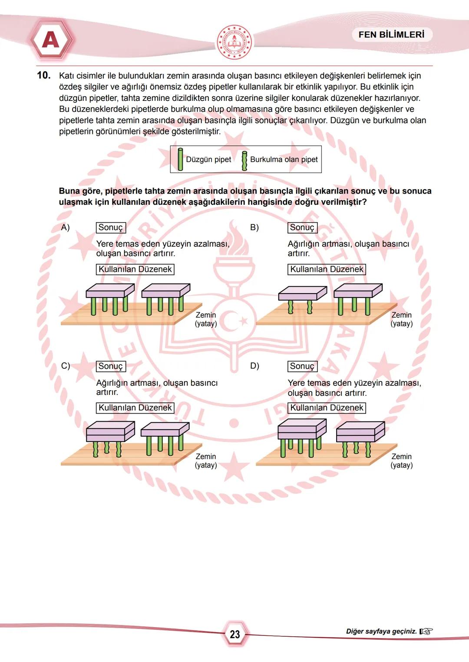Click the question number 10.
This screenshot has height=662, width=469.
coord(43,75)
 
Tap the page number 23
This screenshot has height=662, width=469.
coord(234,634)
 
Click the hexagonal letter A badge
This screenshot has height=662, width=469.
coord(51,40)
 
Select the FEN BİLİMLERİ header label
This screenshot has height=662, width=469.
coord(391,35)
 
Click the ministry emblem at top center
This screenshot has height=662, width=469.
coord(234,42)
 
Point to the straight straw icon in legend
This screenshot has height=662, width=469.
coord(180,159)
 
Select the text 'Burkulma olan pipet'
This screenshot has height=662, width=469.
coord(284,159)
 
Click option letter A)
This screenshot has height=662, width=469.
coord(65,227)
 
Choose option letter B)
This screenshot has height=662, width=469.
coord(254,227)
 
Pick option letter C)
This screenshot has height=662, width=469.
coord(65,366)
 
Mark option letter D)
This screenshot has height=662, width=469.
coord(254,366)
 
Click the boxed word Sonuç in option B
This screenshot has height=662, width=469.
coord(302,227)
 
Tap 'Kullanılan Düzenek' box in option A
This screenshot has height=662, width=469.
coord(135,269)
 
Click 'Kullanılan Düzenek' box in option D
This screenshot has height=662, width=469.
coord(327,408)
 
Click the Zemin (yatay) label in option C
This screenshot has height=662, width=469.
coord(206,461)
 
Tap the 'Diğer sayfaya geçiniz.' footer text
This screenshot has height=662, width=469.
coord(381,631)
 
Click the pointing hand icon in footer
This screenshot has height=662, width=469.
coord(426,631)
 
